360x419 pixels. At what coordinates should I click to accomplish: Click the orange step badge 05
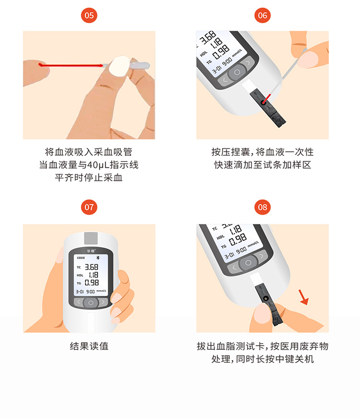[89, 15]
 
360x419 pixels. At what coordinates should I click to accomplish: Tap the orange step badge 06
[263, 15]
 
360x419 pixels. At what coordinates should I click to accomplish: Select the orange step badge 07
[89, 207]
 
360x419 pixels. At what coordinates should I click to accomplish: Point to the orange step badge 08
[263, 207]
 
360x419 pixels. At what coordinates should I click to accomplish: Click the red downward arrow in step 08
[303, 297]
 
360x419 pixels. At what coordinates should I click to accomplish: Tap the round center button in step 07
[91, 303]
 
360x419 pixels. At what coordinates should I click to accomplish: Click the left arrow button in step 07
[78, 302]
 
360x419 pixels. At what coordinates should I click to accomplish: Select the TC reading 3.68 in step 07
[92, 267]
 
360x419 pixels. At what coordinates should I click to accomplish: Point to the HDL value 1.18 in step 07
[94, 275]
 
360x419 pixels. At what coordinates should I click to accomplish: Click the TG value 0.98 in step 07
[92, 283]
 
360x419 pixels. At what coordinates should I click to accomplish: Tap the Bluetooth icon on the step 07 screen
[97, 258]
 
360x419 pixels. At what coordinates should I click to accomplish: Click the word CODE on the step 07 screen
[81, 258]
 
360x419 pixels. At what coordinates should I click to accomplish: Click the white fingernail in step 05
[119, 66]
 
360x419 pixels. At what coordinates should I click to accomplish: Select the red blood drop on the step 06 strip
[264, 102]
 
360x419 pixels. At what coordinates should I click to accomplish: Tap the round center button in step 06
[237, 72]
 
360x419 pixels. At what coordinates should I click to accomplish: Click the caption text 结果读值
[89, 346]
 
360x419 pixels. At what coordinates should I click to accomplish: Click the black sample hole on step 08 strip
[265, 298]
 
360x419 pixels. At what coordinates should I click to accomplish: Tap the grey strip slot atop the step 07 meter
[91, 238]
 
